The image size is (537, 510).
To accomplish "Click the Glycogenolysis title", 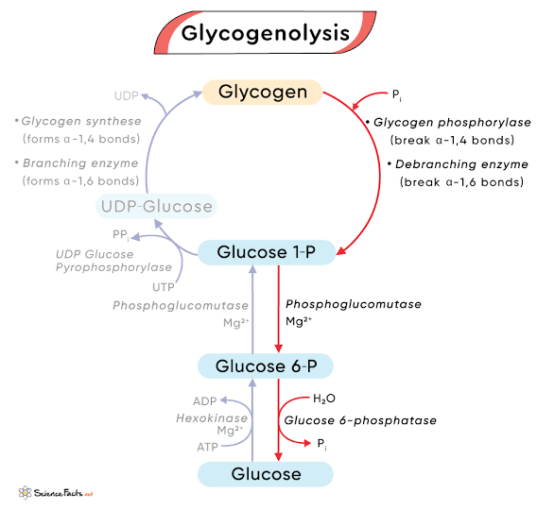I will (265, 34).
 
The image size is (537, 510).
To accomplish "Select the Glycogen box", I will (263, 92).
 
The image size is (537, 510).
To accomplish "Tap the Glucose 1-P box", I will (264, 252).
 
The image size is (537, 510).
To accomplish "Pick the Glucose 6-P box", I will (264, 365).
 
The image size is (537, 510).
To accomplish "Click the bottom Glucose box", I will (264, 474).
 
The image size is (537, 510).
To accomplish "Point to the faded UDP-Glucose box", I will (157, 205).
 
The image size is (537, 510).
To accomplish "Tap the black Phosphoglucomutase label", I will (353, 304).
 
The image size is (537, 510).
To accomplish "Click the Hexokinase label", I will (212, 417).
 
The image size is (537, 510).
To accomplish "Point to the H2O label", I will (324, 399).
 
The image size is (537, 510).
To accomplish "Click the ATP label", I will (206, 447).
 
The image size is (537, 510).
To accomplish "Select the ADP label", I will (205, 400).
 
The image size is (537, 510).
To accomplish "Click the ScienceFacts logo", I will (54, 493).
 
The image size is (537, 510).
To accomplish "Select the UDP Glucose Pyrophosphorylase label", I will (106, 262).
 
